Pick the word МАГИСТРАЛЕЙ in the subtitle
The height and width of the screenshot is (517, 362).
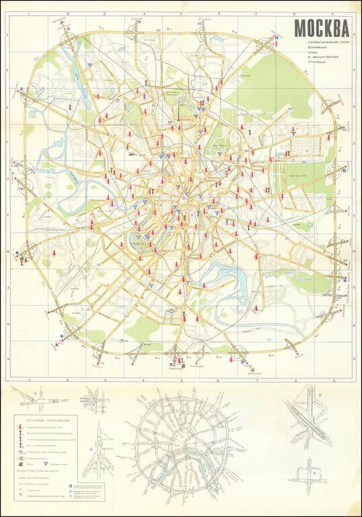click(324, 63)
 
